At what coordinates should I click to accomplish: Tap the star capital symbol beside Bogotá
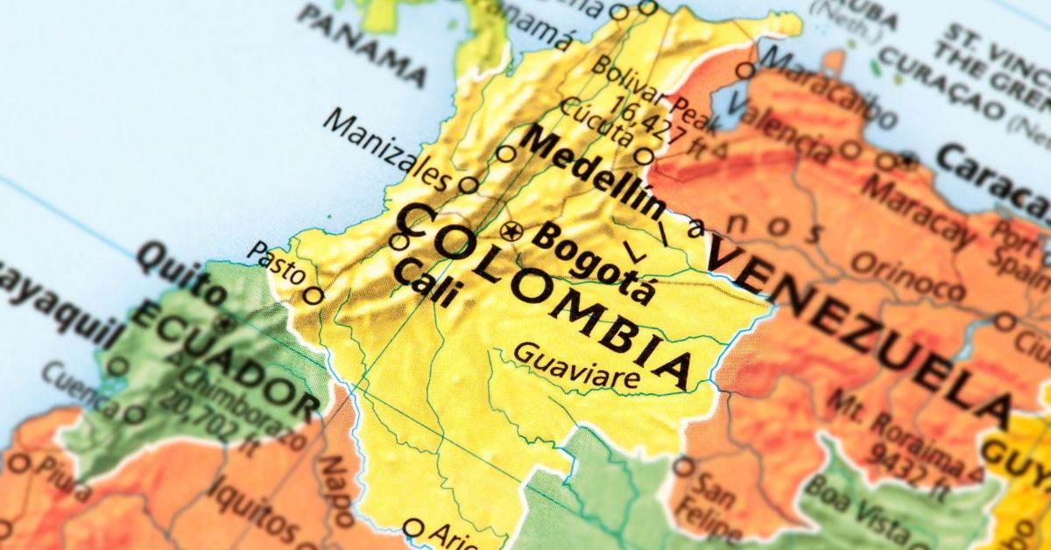coord(511,232)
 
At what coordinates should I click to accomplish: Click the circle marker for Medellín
coord(506,154)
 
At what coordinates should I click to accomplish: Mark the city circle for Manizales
coord(469,185)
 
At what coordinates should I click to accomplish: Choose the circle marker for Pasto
coord(313,295)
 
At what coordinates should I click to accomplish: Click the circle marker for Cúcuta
coord(644,157)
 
